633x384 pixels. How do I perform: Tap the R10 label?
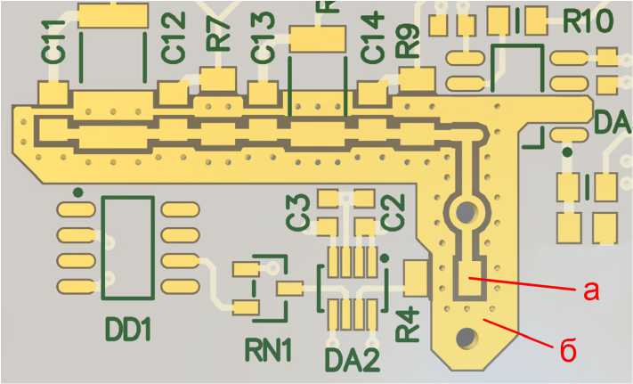point(587,19)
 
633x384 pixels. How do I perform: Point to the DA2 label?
point(352,361)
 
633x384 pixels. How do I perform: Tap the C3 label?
point(297,210)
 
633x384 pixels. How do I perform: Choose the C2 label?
point(392,210)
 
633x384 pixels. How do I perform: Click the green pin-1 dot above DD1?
point(78,191)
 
